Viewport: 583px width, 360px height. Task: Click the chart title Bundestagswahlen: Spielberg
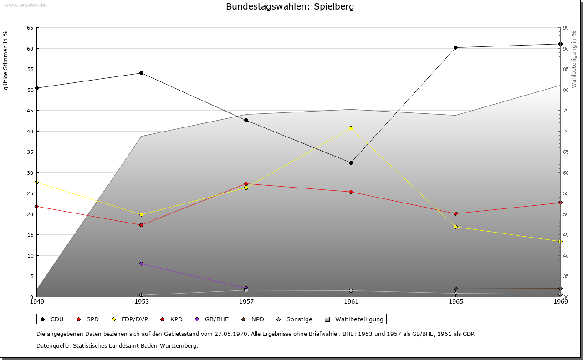290,7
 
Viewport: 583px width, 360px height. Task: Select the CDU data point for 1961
351,162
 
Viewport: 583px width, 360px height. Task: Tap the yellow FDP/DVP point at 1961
351,128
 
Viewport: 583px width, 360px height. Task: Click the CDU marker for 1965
455,47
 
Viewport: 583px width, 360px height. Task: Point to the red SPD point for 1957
246,183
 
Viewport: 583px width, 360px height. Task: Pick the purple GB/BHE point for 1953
141,264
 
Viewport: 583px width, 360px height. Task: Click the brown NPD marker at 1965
455,289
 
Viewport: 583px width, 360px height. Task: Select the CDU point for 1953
141,73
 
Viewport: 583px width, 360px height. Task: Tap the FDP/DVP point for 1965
455,227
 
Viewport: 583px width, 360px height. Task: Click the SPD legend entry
88,319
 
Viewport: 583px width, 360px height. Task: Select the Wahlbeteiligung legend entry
355,319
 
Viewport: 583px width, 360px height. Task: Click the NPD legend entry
253,319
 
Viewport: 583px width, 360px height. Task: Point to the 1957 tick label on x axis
246,302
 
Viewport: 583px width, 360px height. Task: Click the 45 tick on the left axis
30,111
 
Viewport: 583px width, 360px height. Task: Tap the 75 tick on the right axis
566,111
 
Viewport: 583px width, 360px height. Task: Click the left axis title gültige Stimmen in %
6,61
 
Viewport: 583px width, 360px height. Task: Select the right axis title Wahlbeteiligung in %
574,59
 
